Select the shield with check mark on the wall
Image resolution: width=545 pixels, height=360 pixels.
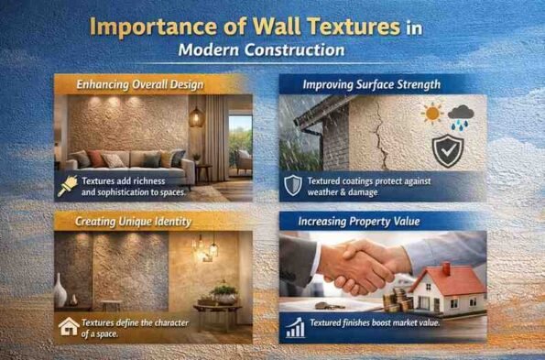tap(448, 150)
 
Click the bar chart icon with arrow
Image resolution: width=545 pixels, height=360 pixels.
tap(294, 327)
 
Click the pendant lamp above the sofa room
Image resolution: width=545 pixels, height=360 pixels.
tap(195, 115)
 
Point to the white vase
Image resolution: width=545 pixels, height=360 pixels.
tap(60, 293)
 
